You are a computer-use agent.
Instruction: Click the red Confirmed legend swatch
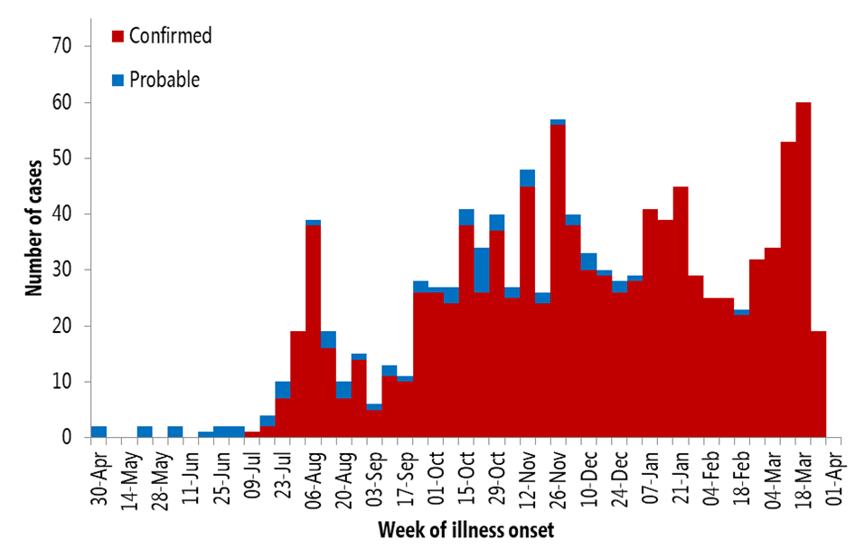click(x=117, y=36)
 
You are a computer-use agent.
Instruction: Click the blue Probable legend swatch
click(x=117, y=81)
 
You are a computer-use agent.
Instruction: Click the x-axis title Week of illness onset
click(x=465, y=529)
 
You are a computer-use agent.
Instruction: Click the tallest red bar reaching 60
click(x=803, y=271)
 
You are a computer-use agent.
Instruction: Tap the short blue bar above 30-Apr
click(x=99, y=432)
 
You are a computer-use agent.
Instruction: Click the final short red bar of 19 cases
click(x=819, y=384)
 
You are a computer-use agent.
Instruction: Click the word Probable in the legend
click(x=164, y=81)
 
